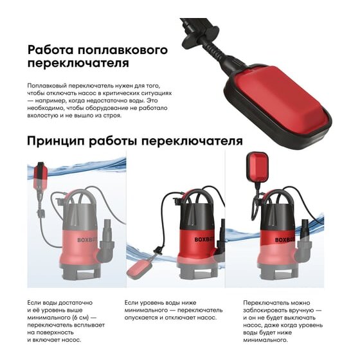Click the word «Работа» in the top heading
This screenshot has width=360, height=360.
51,50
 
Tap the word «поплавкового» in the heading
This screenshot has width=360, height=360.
123,51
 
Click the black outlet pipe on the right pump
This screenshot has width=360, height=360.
305,229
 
